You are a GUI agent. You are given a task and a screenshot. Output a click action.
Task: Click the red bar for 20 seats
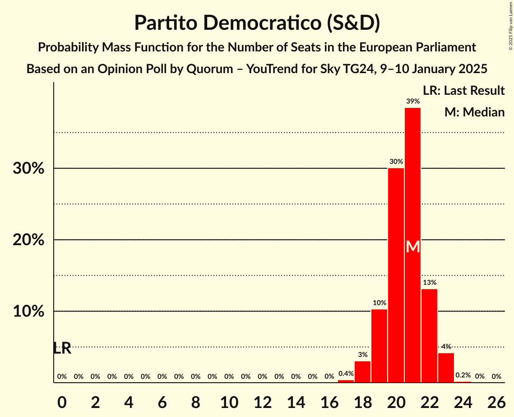(x=396, y=275)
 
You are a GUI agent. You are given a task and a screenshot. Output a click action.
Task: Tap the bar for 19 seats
(x=379, y=346)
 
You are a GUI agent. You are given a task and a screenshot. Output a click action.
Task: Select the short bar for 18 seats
(x=362, y=372)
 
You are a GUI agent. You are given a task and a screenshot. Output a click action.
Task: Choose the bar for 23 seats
(x=446, y=368)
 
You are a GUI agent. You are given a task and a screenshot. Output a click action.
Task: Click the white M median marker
(x=412, y=247)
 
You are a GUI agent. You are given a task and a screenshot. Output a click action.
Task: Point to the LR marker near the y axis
(x=62, y=348)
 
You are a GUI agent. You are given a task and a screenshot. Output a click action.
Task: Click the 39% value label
(x=412, y=102)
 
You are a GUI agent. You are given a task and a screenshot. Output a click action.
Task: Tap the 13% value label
(x=429, y=283)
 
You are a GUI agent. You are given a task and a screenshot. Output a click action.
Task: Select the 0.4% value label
(x=346, y=374)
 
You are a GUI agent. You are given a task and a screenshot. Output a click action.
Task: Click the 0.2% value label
(x=463, y=375)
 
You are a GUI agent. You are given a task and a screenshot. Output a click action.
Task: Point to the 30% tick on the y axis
(x=28, y=169)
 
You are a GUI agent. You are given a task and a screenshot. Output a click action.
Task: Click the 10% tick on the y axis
(x=28, y=312)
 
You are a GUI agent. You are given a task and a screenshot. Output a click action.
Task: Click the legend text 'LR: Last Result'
(x=463, y=91)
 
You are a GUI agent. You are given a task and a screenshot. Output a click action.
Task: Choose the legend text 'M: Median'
(x=474, y=112)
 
